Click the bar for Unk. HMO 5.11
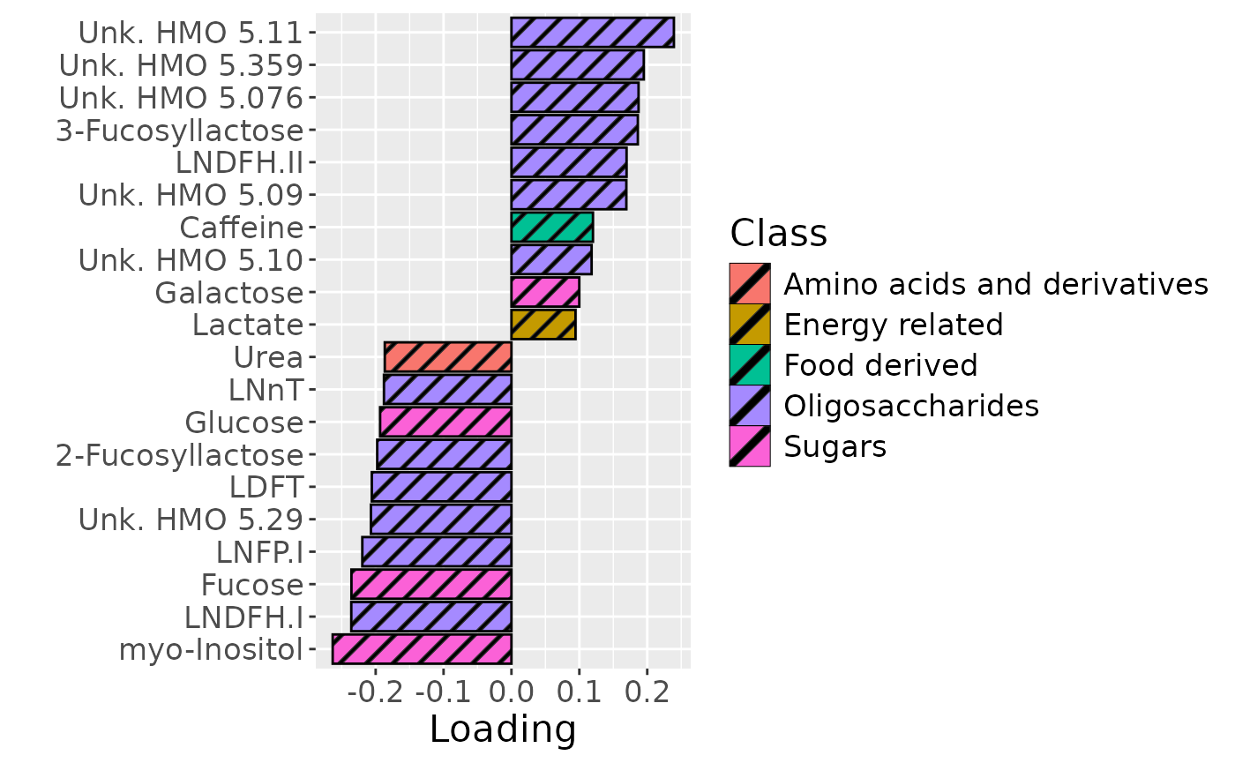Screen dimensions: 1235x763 [x=592, y=33]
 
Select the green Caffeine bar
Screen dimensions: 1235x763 [x=552, y=228]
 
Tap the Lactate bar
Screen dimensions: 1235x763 [x=543, y=325]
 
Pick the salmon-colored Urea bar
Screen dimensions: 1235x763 [x=448, y=357]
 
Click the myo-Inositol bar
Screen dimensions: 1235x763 [x=422, y=649]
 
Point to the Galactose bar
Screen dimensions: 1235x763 [x=545, y=292]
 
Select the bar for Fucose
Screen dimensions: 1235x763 [x=431, y=584]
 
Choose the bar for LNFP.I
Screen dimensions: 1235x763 [x=437, y=552]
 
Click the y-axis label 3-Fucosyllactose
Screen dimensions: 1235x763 [x=180, y=131]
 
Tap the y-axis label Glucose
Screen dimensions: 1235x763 [x=244, y=423]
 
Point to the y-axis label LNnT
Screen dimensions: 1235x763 [x=266, y=390]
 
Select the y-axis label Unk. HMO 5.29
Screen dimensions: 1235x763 [x=191, y=520]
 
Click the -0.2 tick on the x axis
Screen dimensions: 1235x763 [x=376, y=692]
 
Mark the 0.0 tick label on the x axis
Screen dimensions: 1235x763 [x=512, y=692]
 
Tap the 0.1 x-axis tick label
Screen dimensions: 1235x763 [x=579, y=692]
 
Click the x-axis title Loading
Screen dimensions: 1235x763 [x=503, y=729]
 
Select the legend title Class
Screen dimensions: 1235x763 [x=778, y=233]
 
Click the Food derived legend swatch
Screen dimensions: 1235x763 [x=750, y=365]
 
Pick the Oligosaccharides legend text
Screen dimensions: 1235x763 [x=911, y=406]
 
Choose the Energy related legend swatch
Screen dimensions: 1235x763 [x=750, y=325]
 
